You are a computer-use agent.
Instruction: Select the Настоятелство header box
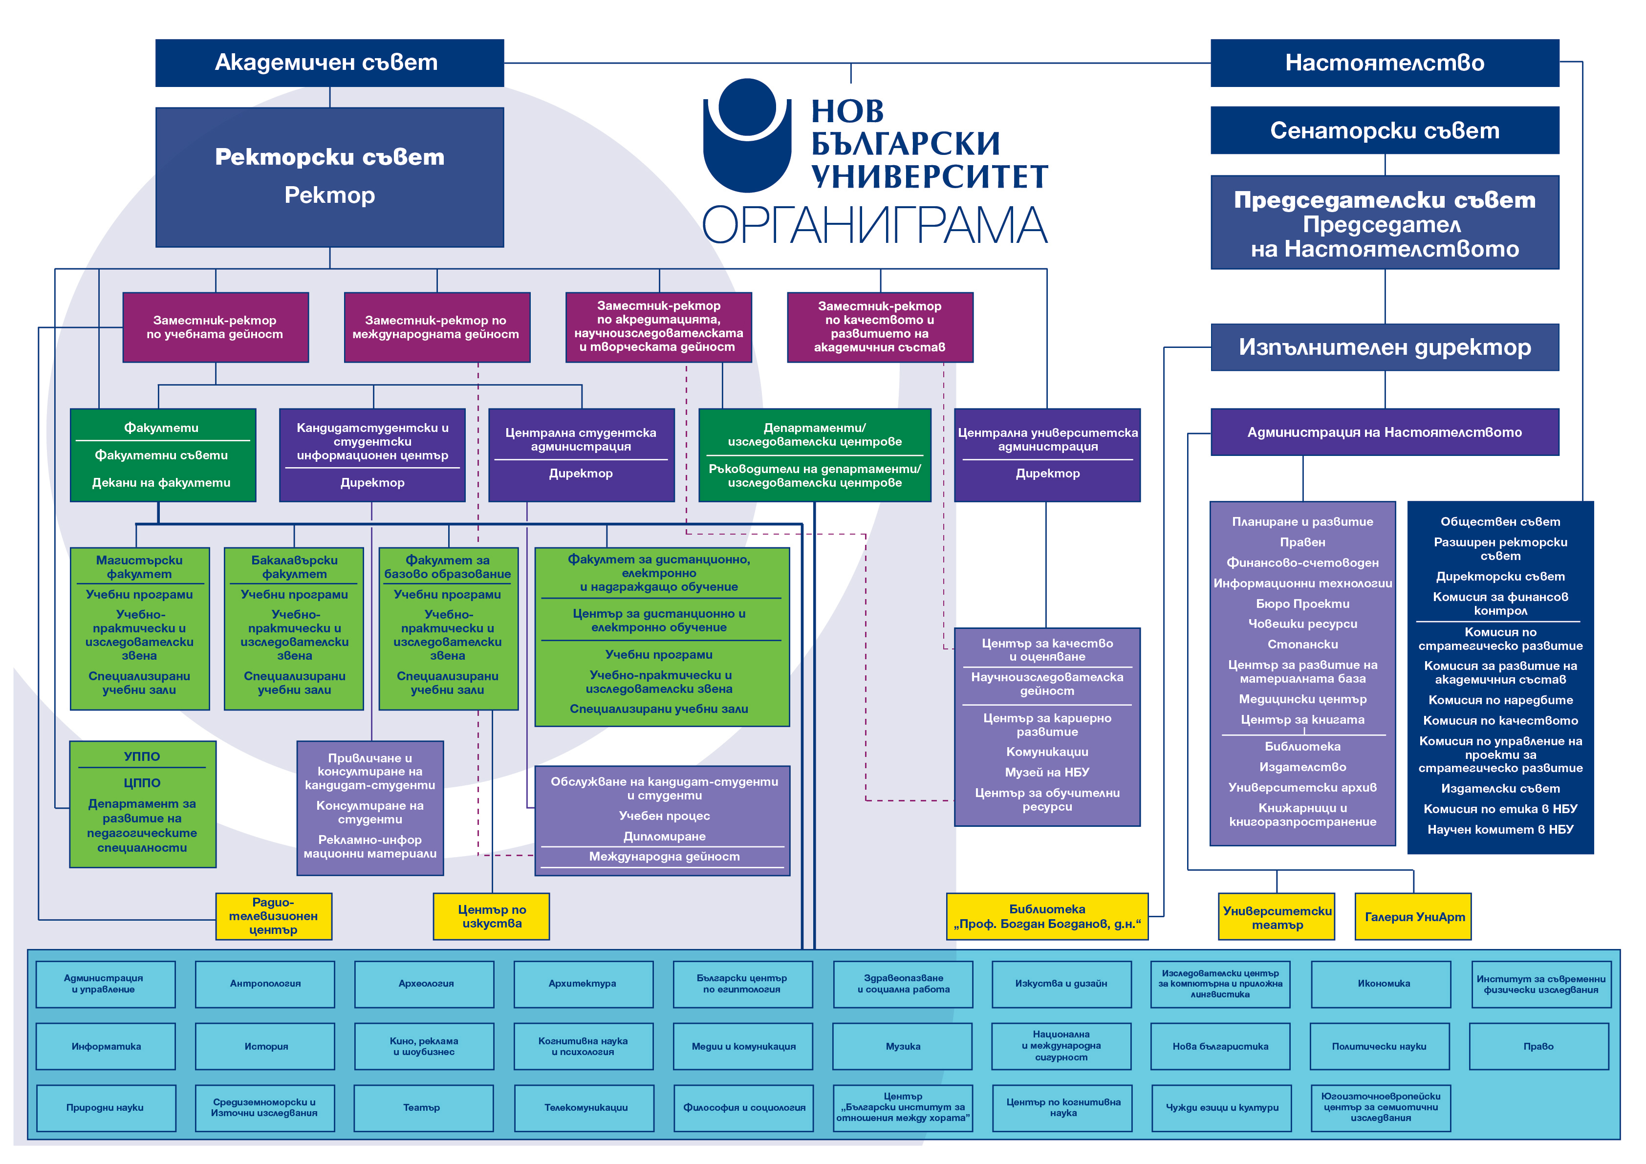tap(1385, 63)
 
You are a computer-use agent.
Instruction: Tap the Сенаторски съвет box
tap(1385, 130)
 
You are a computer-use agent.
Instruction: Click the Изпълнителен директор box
tap(1385, 347)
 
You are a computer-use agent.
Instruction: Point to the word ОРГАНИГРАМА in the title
tap(875, 224)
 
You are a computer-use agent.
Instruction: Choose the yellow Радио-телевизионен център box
tap(274, 916)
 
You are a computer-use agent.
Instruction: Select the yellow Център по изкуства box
tap(491, 916)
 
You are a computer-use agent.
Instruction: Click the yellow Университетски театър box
tap(1277, 916)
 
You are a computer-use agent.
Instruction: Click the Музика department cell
tap(903, 1046)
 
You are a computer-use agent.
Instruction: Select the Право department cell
tap(1539, 1046)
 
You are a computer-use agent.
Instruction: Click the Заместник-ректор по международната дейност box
tap(436, 327)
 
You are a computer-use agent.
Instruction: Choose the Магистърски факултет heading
tap(139, 567)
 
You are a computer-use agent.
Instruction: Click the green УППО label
tap(142, 756)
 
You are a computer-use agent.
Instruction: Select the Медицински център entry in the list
tap(1302, 699)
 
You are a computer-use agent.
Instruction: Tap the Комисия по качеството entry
tap(1500, 720)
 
